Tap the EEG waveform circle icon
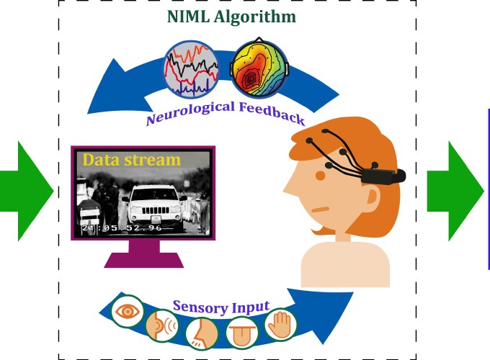point(192,70)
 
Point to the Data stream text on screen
point(132,159)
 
